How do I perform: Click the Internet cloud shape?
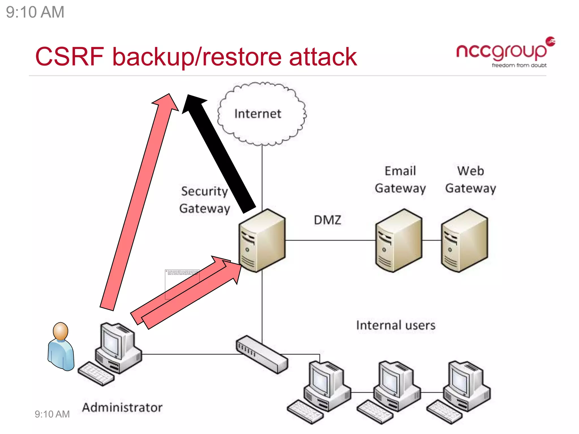pos(262,114)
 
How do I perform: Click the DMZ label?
pos(327,220)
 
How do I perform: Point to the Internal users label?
pos(395,325)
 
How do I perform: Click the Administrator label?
pos(122,407)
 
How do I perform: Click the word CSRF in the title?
pos(70,57)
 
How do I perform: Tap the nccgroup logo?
pos(502,51)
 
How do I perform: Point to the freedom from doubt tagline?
pos(519,65)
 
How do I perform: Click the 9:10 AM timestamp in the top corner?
pos(35,12)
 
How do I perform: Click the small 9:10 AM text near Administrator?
pos(52,414)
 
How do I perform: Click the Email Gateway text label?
pos(400,180)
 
